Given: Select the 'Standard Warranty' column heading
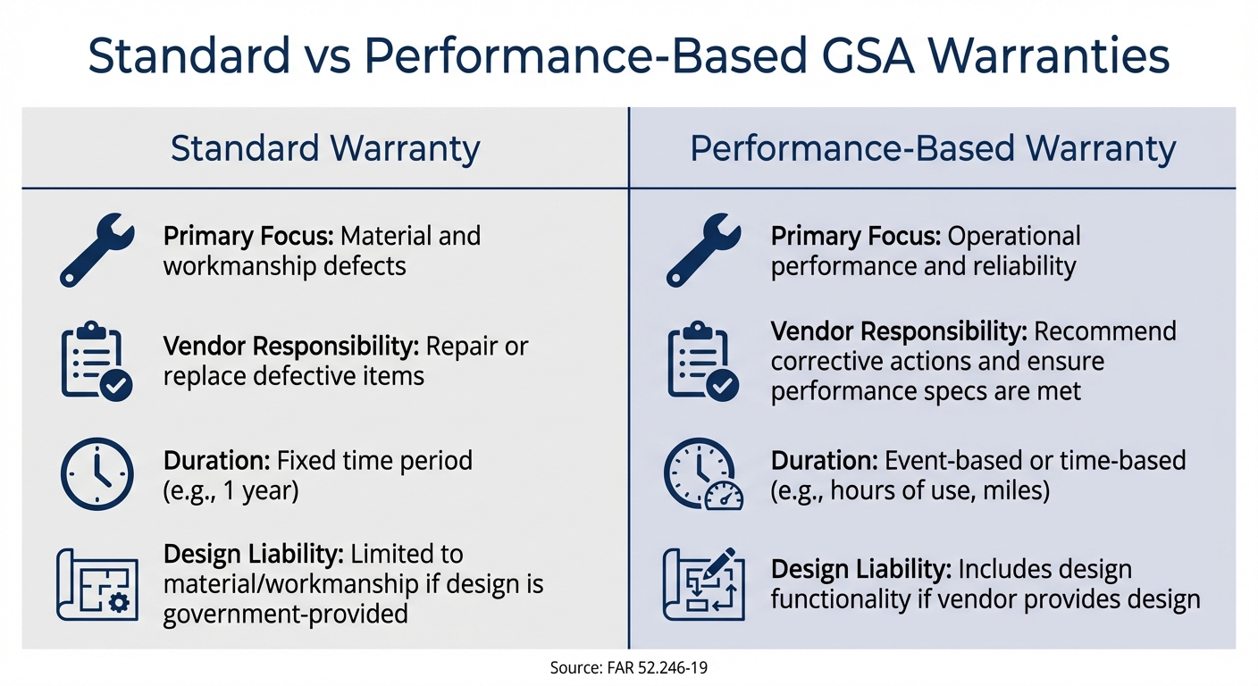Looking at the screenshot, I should [325, 148].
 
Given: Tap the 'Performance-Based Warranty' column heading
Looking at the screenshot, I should [933, 148].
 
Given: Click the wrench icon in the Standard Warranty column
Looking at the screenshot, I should [96, 250].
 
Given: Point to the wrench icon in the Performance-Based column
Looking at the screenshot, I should [703, 250].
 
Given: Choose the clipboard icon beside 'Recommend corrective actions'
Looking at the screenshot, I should [703, 361].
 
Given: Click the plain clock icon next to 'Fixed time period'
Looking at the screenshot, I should [96, 474].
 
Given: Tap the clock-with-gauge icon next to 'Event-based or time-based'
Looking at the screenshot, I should [703, 474].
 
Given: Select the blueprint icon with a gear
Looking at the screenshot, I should [96, 585].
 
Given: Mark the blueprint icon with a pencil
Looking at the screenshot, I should [703, 585].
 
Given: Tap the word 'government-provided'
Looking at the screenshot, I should [286, 614].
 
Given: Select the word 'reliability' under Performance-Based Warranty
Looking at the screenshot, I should [1024, 266].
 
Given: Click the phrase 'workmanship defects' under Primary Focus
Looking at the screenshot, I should [284, 266].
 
